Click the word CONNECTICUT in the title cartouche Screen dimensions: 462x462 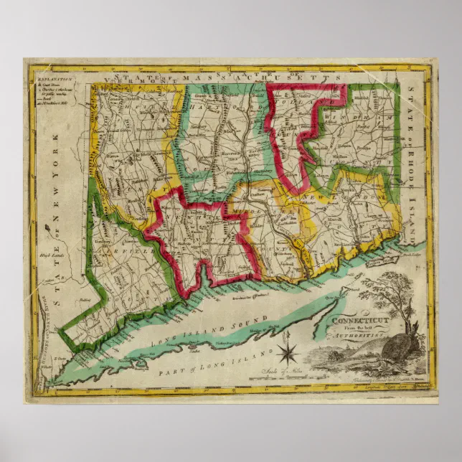pyautogui.click(x=357, y=316)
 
